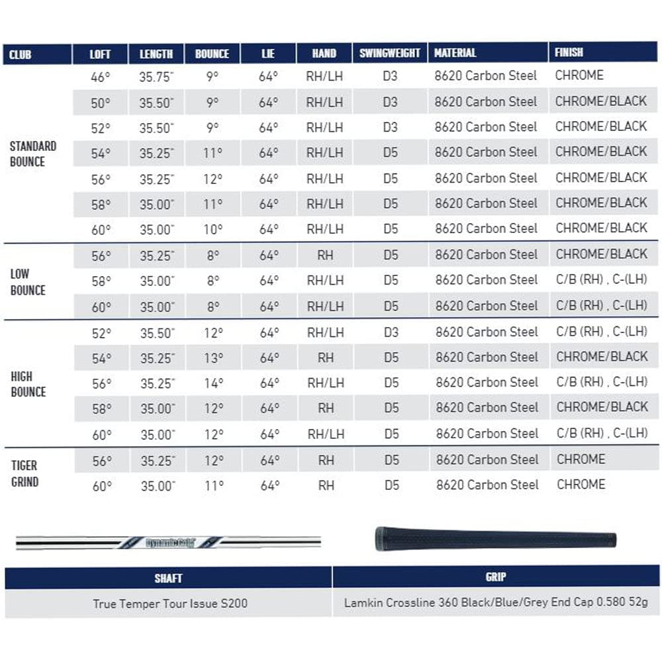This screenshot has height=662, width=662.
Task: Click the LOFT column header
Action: click(x=100, y=54)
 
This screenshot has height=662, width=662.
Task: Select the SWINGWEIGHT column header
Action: click(x=390, y=54)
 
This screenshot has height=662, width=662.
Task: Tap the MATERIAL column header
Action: click(x=455, y=53)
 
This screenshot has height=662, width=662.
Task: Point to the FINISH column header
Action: click(x=569, y=52)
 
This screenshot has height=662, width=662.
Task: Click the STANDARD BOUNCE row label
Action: click(x=33, y=154)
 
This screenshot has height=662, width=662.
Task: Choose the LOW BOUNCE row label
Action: click(x=28, y=282)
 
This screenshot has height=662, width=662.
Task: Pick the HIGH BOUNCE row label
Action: click(x=28, y=384)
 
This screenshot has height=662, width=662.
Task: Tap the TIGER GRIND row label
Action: click(x=24, y=473)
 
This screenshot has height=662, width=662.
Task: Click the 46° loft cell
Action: click(x=100, y=77)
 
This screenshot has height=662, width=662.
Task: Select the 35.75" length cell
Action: click(x=156, y=77)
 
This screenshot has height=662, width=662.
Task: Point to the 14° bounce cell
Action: click(x=213, y=383)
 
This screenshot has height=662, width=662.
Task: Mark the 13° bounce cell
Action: click(x=213, y=357)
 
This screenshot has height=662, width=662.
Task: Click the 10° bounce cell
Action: click(x=213, y=230)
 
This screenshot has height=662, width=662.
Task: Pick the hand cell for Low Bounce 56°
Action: click(x=325, y=256)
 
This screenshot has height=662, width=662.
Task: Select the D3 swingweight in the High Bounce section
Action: click(x=391, y=332)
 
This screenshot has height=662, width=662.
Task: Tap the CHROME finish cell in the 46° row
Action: click(x=579, y=75)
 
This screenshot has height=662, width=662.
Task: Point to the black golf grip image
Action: click(x=495, y=539)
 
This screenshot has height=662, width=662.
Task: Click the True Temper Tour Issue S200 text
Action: click(x=170, y=603)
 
